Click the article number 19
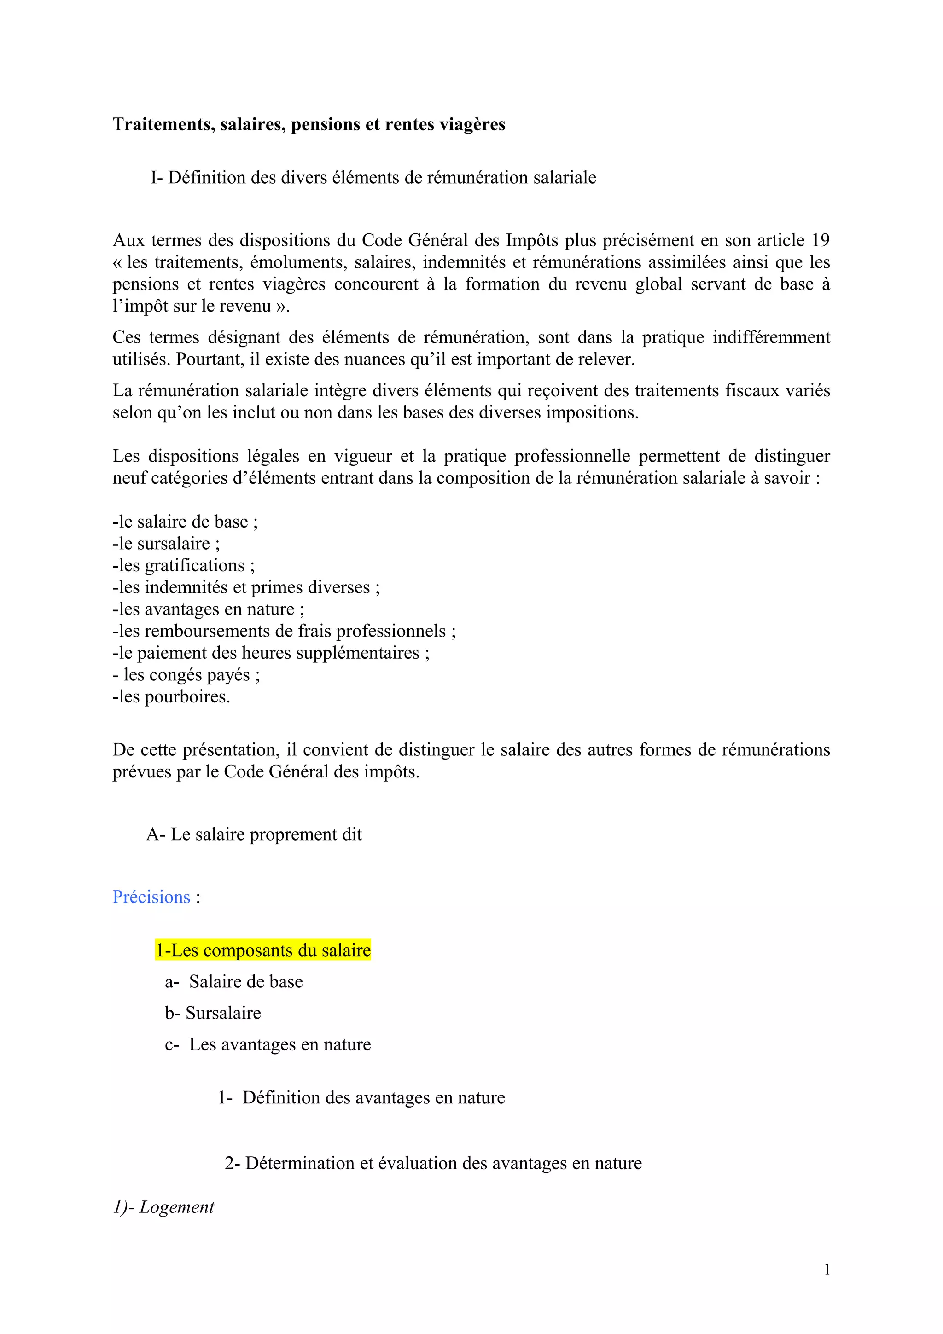point(821,240)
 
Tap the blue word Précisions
point(151,897)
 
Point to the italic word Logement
point(177,1207)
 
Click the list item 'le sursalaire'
point(166,543)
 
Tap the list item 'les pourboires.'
point(172,696)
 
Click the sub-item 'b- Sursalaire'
point(213,1013)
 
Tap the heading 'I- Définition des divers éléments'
point(373,177)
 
